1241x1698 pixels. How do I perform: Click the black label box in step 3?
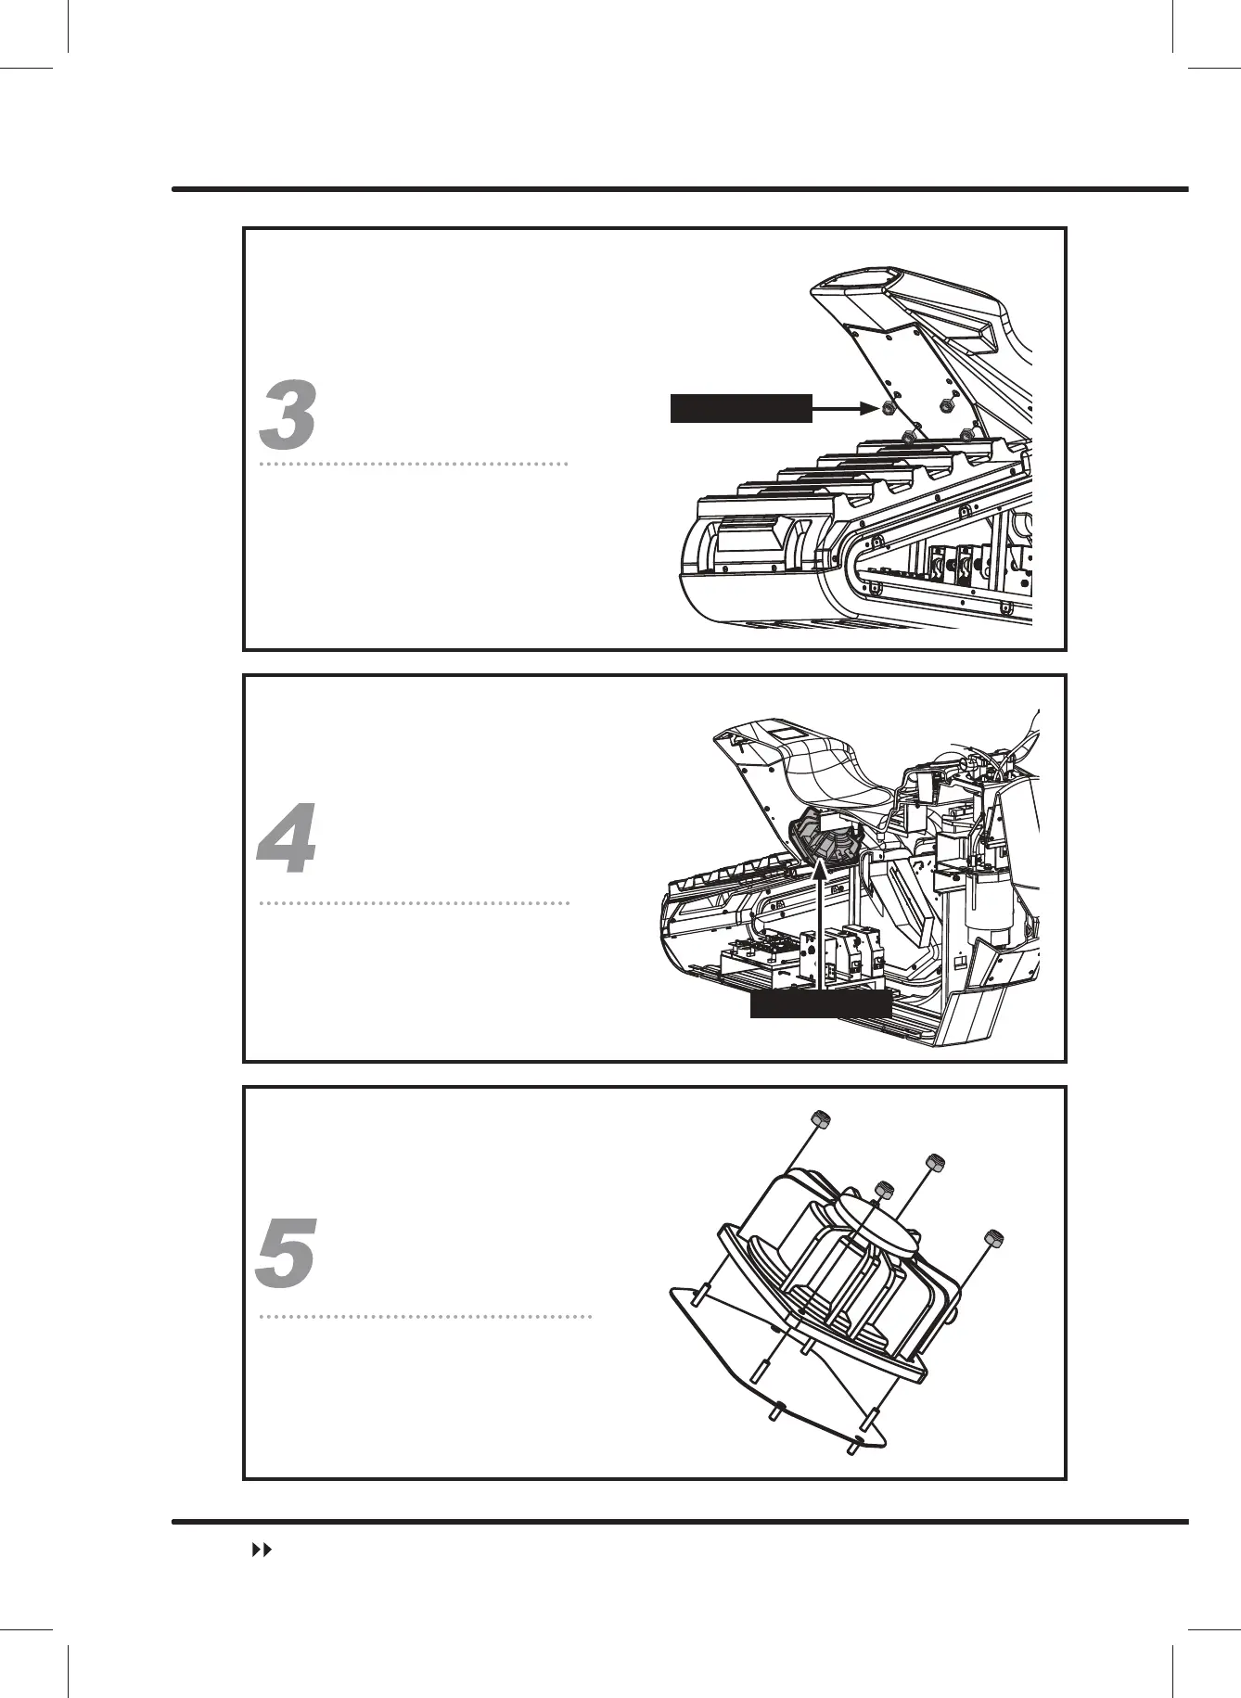[x=740, y=408]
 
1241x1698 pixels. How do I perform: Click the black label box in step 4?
[x=821, y=1006]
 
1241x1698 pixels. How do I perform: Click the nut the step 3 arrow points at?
[x=886, y=408]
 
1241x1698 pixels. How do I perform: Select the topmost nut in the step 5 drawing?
[x=819, y=1117]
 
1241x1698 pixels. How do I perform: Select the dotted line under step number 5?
[x=425, y=1317]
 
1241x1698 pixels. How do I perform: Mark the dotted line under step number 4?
[x=413, y=902]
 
